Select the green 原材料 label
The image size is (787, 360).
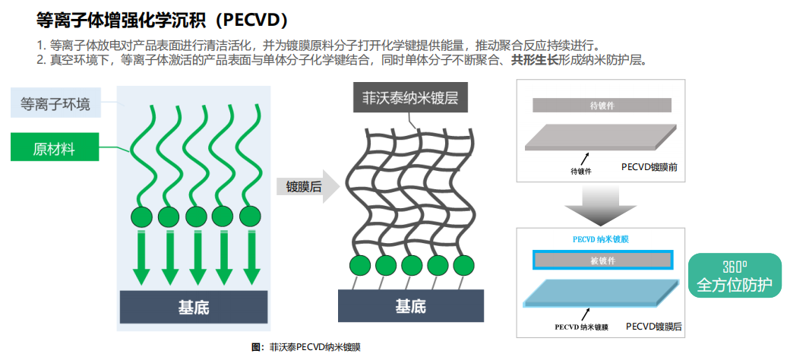click(54, 147)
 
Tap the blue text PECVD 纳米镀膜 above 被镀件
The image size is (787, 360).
click(600, 239)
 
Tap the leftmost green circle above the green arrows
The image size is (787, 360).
click(142, 218)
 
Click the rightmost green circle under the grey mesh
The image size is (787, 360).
click(463, 265)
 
